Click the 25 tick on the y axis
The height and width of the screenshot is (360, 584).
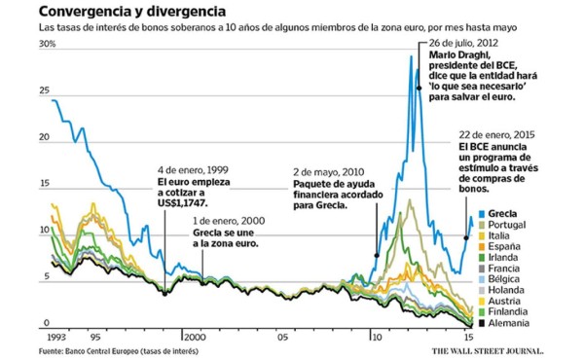(45, 91)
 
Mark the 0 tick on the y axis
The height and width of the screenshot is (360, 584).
(43, 322)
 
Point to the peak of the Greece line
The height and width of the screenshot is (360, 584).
(413, 58)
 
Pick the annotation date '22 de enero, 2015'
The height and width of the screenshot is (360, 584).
(496, 133)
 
